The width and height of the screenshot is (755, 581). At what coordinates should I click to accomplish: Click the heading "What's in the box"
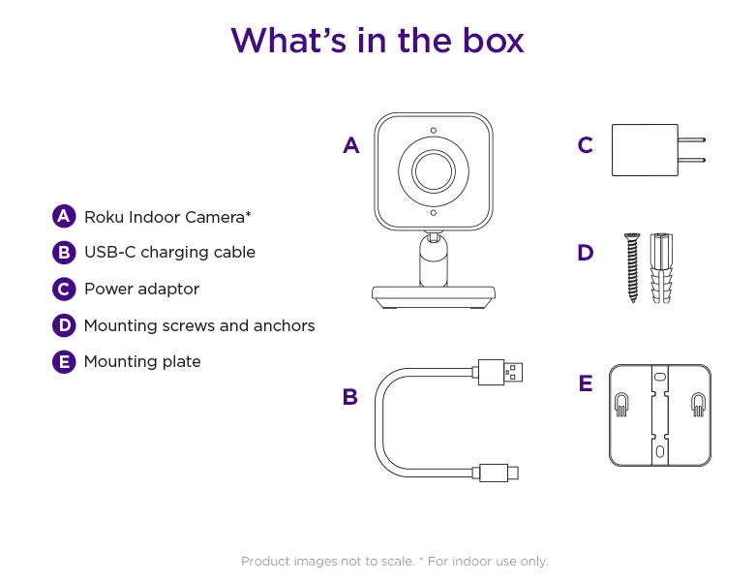377,41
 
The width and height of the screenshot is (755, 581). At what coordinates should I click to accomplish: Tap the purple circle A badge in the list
64,216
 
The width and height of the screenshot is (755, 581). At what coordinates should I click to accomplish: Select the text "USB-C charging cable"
169,253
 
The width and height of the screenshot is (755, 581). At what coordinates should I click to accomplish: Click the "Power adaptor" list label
141,289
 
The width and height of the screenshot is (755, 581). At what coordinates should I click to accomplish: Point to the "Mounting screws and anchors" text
199,325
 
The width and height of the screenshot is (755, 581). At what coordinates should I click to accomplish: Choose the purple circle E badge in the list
64,362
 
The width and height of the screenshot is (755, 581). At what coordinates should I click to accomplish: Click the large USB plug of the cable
499,371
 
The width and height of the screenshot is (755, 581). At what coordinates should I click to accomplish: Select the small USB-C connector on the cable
498,473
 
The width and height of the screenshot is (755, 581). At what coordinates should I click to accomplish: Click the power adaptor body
644,150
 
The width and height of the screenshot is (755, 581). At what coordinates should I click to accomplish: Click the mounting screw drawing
633,267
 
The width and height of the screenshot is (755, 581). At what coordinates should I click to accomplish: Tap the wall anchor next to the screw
660,267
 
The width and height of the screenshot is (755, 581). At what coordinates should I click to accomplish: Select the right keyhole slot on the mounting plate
697,405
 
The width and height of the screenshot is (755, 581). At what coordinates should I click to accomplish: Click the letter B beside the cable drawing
350,397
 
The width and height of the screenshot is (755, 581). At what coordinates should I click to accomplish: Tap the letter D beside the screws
585,254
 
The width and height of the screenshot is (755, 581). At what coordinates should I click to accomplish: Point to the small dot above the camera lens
433,131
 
